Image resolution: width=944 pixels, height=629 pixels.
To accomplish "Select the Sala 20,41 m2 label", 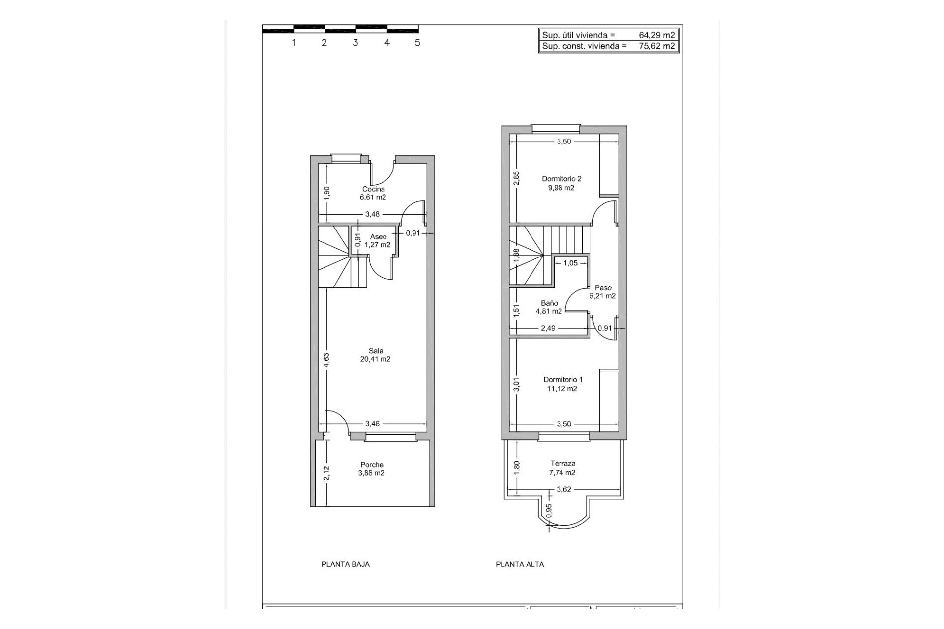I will [x=376, y=355].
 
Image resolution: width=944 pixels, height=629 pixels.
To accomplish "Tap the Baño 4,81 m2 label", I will [x=549, y=307].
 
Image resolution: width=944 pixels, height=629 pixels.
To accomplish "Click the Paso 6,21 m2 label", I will [x=603, y=292].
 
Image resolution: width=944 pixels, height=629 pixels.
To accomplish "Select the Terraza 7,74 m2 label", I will [x=562, y=468].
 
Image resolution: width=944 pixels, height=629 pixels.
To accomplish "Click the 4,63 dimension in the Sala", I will [x=326, y=361].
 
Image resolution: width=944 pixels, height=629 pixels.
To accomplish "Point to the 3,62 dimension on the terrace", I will [x=564, y=490].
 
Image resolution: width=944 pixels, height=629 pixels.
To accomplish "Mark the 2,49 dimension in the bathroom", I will [x=548, y=328].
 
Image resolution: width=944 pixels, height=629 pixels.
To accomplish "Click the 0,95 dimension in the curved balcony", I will [x=549, y=511].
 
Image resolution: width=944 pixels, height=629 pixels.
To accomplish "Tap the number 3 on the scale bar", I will [x=355, y=43].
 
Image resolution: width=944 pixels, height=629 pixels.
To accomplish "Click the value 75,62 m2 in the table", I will [x=656, y=47].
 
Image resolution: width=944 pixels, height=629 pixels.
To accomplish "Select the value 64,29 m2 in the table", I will [x=656, y=35].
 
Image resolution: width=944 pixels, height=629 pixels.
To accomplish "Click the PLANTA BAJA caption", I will [x=345, y=564].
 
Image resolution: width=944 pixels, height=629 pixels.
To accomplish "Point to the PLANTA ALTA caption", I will [x=520, y=564].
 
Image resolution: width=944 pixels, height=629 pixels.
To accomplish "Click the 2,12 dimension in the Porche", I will [x=326, y=473].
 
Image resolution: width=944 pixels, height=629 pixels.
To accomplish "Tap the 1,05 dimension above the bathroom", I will [x=570, y=263].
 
